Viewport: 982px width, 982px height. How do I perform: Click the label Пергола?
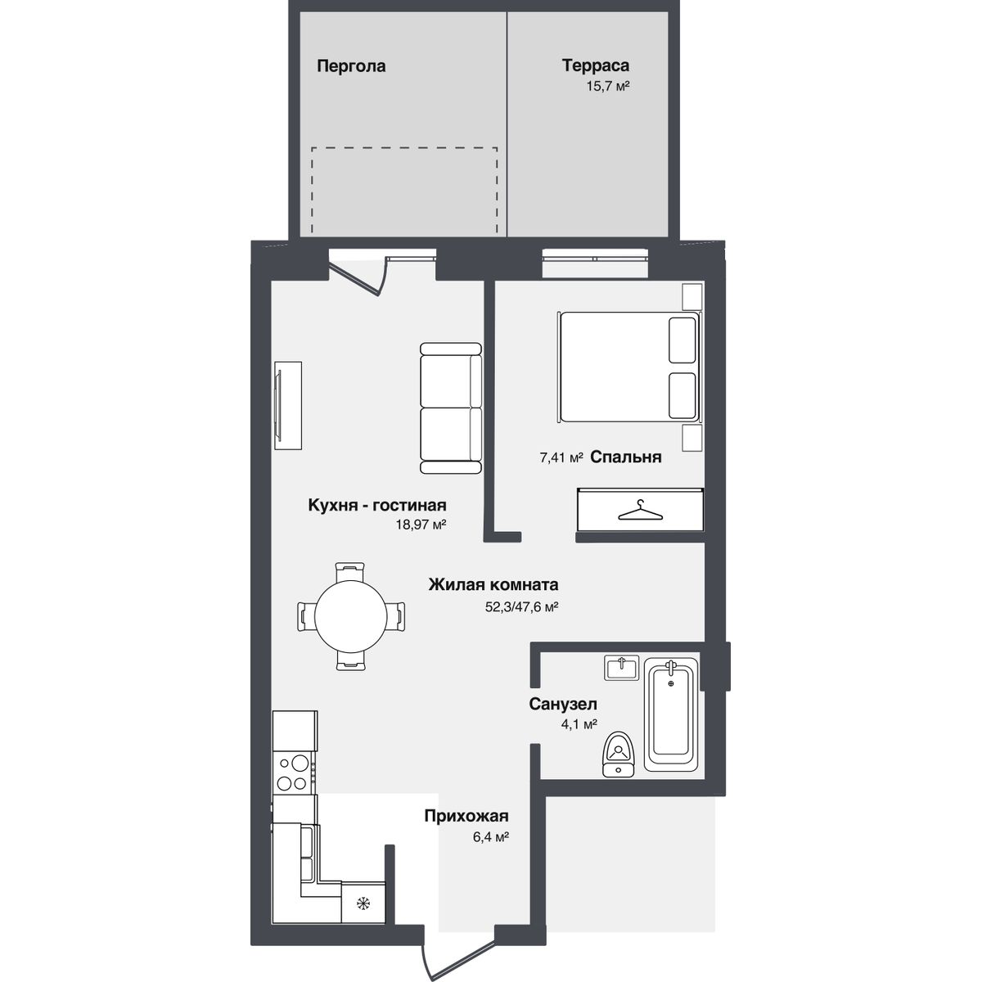pos(351,67)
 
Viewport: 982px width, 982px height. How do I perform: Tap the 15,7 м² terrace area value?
pos(607,86)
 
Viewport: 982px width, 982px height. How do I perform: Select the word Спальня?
pos(626,457)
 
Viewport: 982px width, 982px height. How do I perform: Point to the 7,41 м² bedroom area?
pos(561,457)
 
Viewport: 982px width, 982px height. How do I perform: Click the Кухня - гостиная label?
pos(377,505)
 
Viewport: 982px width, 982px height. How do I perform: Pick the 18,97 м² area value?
pos(421,525)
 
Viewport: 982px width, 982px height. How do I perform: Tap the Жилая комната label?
pos(493,584)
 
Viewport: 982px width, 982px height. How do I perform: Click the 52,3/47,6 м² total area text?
pos(522,607)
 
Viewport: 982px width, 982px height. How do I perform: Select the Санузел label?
pos(563,705)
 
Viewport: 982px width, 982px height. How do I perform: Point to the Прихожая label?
pos(466,816)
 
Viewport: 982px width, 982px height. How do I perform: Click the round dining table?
pos(350,615)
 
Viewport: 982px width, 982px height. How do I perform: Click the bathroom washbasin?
pos(622,668)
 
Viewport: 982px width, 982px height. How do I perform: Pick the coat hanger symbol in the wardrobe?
pos(641,510)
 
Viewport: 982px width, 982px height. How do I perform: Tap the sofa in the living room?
pos(451,408)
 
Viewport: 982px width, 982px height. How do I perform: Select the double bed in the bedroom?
pos(629,367)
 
